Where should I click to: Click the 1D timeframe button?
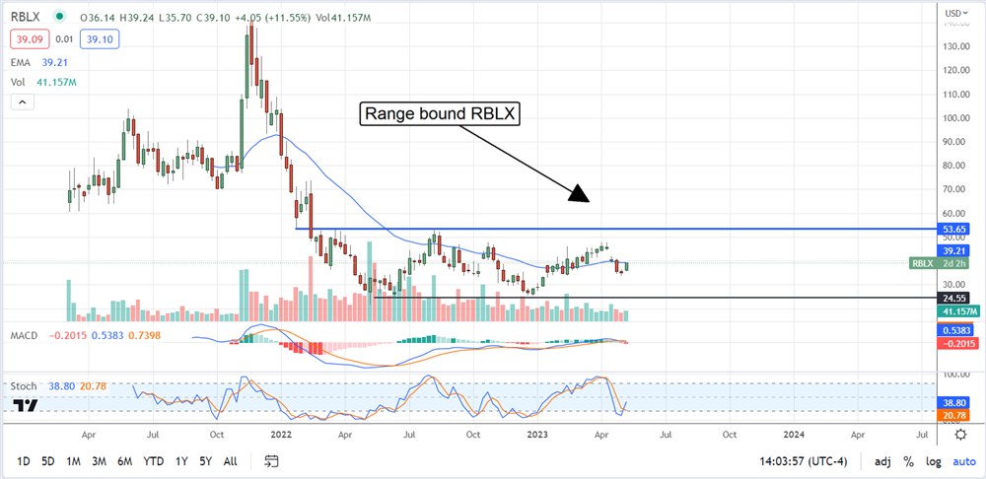coord(24,461)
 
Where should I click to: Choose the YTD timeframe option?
coord(153,461)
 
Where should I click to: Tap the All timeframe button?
coord(230,461)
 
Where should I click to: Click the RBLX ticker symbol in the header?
coord(27,17)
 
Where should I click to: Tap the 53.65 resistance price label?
coord(952,229)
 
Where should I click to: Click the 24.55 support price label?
coord(952,297)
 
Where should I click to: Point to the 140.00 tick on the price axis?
coord(952,46)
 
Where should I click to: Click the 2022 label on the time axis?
coord(283,433)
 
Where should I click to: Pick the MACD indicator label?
coord(24,336)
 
